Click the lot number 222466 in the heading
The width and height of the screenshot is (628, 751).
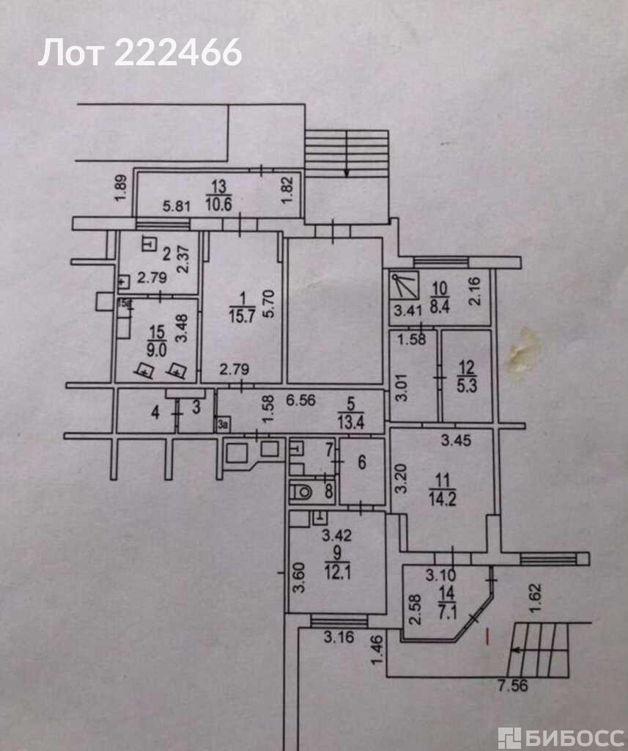click(x=179, y=53)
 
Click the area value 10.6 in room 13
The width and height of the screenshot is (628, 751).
click(x=219, y=204)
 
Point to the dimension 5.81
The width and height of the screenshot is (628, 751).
click(x=176, y=206)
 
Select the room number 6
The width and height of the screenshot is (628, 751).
click(x=361, y=464)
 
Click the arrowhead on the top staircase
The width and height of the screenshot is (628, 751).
click(x=346, y=173)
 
